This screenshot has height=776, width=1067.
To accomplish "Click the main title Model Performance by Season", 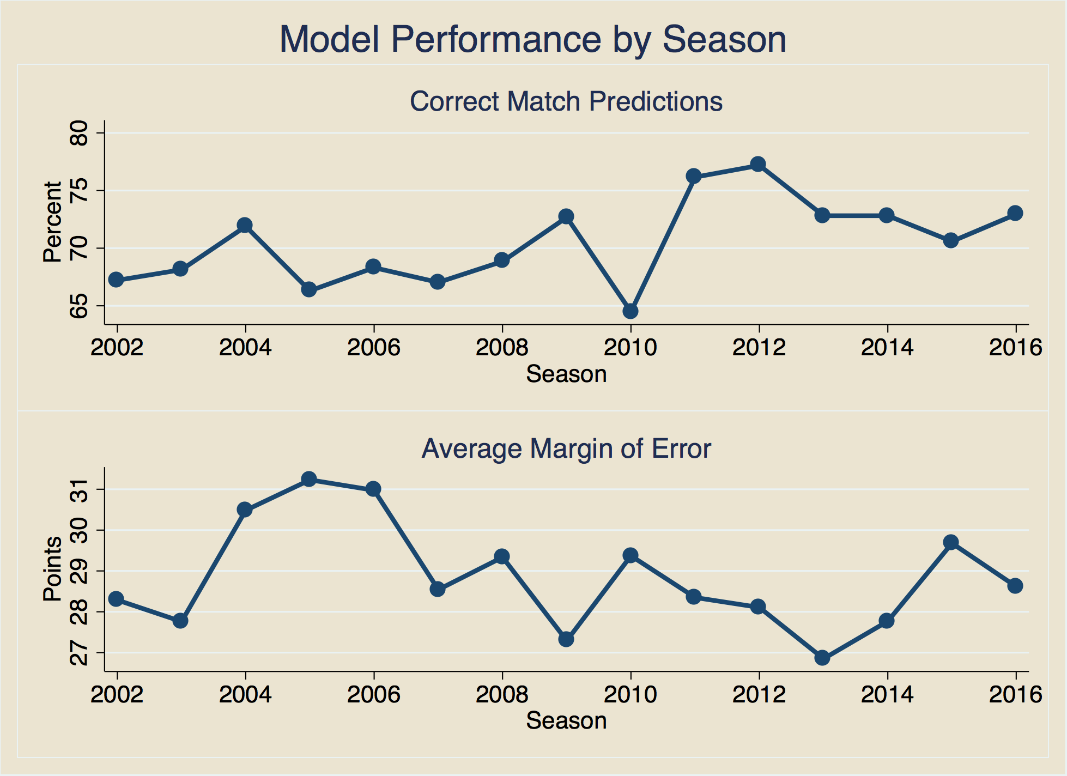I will (532, 39).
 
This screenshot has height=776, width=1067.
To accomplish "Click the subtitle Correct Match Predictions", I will (566, 101).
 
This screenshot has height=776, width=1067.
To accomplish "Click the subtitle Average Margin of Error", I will (566, 448).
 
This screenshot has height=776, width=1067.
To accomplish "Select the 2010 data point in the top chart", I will (630, 311).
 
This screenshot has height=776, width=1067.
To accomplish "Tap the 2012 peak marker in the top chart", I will (758, 164).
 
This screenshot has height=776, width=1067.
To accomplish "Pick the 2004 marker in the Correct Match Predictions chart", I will (245, 225).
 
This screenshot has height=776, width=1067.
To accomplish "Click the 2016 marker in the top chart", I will (1015, 213).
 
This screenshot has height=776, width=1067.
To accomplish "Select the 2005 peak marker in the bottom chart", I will (309, 479).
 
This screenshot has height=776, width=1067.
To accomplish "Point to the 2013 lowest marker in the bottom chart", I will (822, 658).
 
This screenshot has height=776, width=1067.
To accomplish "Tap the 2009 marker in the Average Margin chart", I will (566, 639).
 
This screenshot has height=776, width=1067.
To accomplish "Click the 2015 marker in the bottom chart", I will (951, 542).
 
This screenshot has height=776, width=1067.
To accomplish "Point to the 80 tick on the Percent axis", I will (78, 133).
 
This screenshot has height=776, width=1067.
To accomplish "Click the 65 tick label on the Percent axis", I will (78, 306).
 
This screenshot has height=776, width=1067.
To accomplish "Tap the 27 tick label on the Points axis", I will (78, 652).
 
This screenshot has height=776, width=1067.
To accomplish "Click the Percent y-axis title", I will (52, 222).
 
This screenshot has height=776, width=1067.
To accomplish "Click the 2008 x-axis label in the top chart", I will (502, 347).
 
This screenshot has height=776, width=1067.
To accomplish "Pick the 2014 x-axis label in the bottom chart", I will (887, 694).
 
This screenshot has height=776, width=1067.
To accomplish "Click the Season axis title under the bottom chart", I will (566, 720).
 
